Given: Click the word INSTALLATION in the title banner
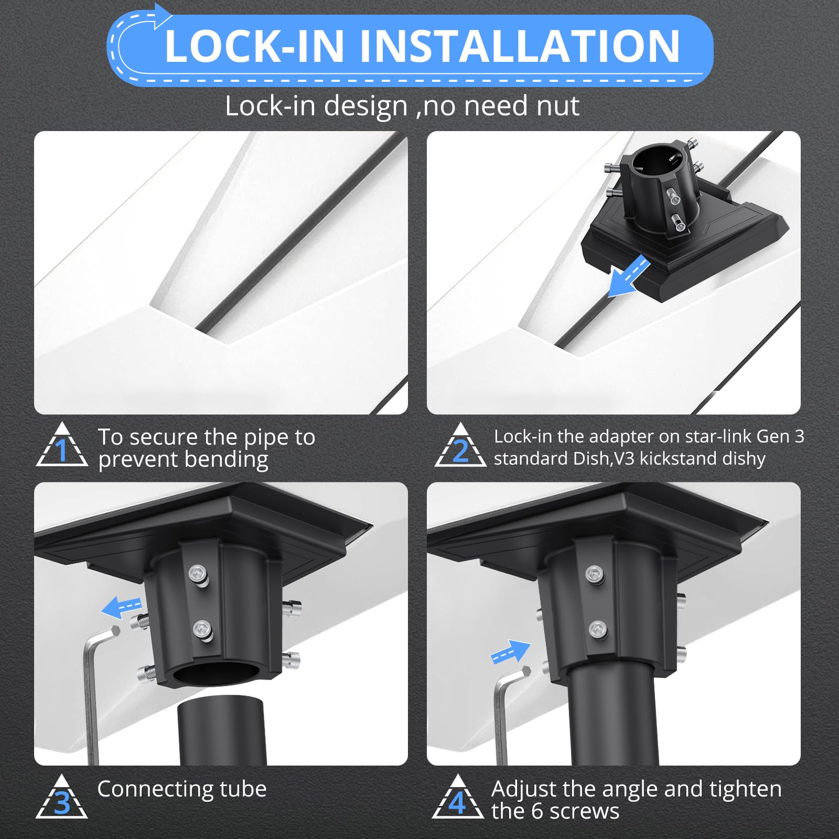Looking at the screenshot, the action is [x=519, y=46].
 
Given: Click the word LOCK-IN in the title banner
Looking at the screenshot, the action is [x=254, y=46].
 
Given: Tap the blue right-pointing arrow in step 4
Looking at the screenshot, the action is [x=510, y=652].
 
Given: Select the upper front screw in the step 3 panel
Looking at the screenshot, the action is [x=199, y=575].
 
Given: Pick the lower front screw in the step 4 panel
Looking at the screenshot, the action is [x=598, y=629].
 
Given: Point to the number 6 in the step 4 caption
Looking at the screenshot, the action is [x=537, y=811].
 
